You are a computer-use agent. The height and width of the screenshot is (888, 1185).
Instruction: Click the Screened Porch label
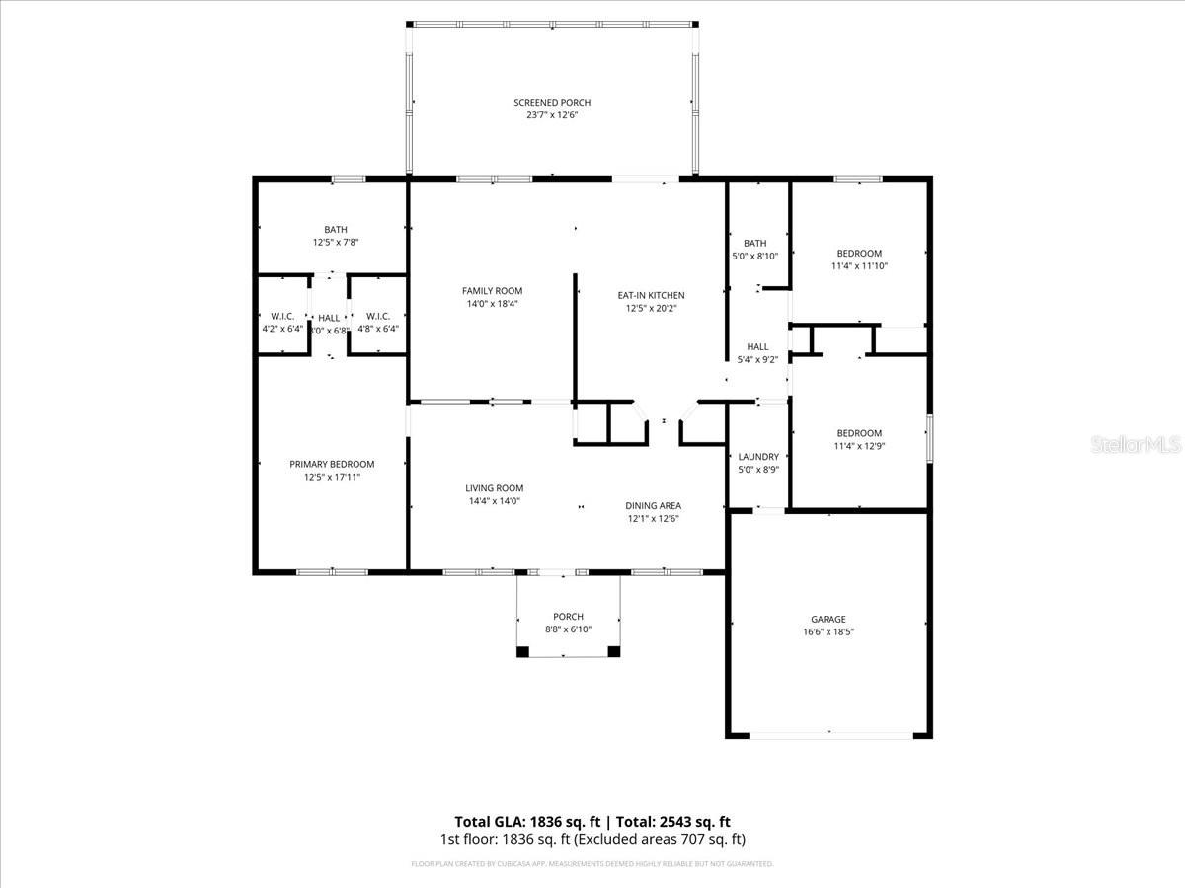click(x=551, y=103)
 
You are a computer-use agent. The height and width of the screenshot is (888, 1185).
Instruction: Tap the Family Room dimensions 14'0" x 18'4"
click(x=492, y=304)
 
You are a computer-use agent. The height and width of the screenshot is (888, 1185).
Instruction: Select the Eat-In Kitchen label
click(x=651, y=295)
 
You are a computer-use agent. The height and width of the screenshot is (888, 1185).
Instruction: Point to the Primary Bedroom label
click(x=332, y=464)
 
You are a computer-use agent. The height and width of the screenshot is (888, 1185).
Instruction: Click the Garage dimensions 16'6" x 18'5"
click(x=829, y=631)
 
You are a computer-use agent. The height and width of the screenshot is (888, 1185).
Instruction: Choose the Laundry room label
click(x=758, y=457)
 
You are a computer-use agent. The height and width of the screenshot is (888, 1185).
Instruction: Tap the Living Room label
click(x=495, y=488)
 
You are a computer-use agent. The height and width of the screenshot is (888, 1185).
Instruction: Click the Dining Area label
click(x=653, y=506)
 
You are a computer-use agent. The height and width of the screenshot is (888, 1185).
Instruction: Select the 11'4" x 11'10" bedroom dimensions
click(x=859, y=266)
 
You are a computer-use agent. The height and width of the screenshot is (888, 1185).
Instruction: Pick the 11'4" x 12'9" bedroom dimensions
click(x=859, y=446)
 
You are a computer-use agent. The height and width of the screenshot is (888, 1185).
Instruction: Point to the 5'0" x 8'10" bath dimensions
click(x=754, y=257)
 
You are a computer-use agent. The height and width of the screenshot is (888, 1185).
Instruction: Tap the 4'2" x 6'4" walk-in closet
click(x=282, y=329)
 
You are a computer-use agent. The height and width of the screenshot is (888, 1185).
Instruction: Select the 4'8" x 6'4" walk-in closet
click(x=377, y=329)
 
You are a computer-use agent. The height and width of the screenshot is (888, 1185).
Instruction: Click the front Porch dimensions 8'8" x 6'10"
click(x=568, y=629)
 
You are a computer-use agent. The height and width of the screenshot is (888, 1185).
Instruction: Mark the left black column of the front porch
click(x=523, y=651)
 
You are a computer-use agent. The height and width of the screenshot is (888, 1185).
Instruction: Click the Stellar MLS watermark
click(x=1136, y=446)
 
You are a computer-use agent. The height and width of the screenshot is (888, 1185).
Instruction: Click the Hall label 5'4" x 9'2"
click(x=757, y=359)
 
